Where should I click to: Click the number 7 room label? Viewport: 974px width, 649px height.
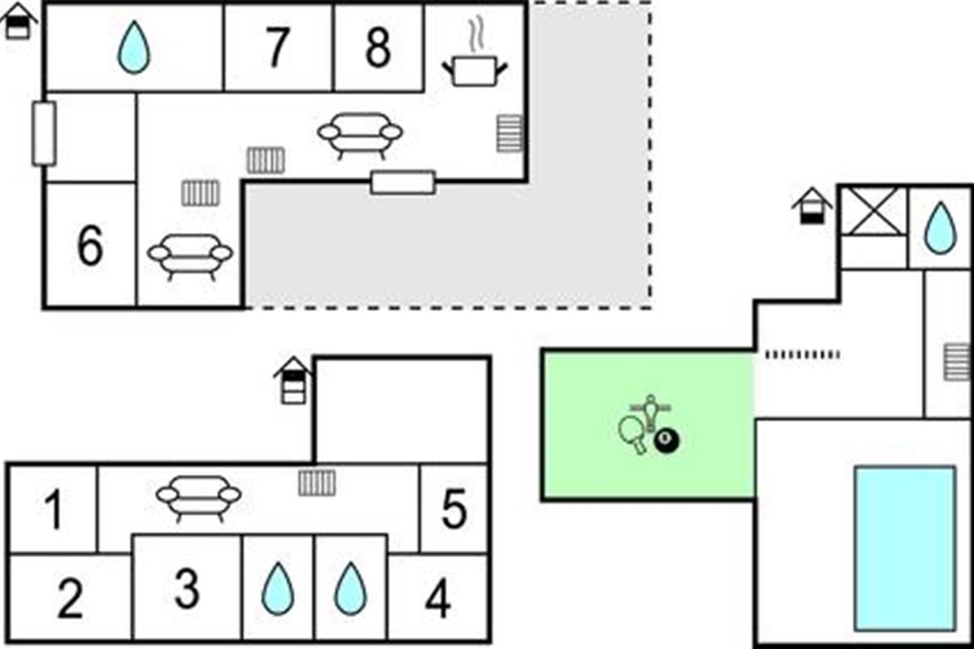(278, 49)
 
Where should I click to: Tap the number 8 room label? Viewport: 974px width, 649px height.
(377, 49)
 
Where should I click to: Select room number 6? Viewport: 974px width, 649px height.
(90, 246)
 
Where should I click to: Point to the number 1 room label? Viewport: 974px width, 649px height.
(54, 512)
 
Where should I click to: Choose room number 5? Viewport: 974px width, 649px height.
(454, 510)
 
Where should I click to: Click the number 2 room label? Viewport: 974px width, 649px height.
(70, 600)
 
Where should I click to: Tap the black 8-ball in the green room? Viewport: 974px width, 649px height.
(666, 441)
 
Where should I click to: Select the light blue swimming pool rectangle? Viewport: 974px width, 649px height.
(904, 548)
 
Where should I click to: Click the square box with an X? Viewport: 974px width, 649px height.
(873, 211)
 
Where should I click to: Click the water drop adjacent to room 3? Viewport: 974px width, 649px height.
(278, 589)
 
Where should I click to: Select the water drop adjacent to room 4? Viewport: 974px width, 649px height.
(351, 589)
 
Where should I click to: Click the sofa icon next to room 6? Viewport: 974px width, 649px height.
(190, 255)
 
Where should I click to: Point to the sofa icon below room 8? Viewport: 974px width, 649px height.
(360, 134)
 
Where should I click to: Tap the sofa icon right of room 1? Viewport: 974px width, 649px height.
(199, 496)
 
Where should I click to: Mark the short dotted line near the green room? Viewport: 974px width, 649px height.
(803, 354)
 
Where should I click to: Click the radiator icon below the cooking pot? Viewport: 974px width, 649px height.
(510, 133)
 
